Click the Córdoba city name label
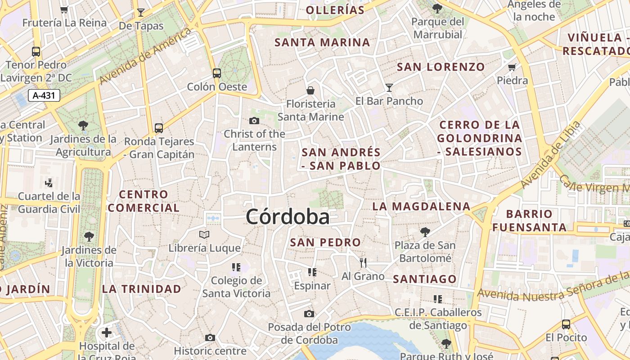(288, 217)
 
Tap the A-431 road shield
(44, 95)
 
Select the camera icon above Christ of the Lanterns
(254, 121)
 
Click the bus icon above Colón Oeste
(217, 73)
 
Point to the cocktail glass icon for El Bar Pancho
(389, 88)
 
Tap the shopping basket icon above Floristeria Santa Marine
(310, 90)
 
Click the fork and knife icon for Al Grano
(363, 263)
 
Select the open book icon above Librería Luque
(204, 234)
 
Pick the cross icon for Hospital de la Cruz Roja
(107, 333)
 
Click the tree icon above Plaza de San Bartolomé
(425, 232)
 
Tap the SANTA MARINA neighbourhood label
(322, 43)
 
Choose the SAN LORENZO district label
(441, 67)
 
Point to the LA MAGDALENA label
(421, 207)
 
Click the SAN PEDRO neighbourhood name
(325, 243)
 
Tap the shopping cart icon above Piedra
(512, 67)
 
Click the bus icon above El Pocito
(566, 324)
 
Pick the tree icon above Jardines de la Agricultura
(83, 125)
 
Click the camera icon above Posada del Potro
(309, 314)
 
